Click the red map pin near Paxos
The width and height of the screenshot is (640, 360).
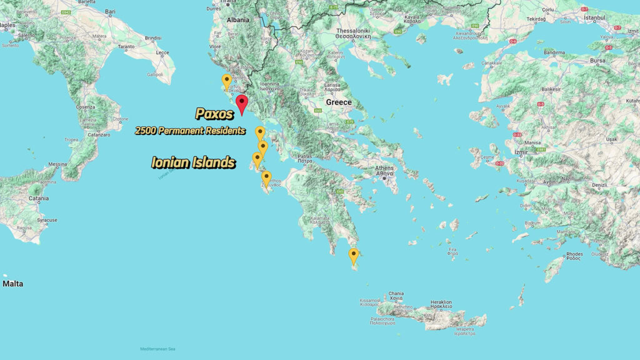point(241,103)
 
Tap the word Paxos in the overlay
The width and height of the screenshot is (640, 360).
point(214,114)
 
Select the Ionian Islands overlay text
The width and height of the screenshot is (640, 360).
point(193,162)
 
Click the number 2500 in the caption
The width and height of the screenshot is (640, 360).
point(146,131)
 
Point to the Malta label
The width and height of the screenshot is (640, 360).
point(12,284)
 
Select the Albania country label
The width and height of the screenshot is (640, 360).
point(237,20)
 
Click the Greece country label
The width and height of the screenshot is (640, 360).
point(338,102)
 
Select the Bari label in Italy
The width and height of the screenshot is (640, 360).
point(111,11)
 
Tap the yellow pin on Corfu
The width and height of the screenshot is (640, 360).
point(226,81)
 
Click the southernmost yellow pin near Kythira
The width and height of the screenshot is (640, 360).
point(354,255)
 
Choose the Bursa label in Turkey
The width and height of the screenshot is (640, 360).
point(598,61)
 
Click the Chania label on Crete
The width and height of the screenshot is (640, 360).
point(396,293)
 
